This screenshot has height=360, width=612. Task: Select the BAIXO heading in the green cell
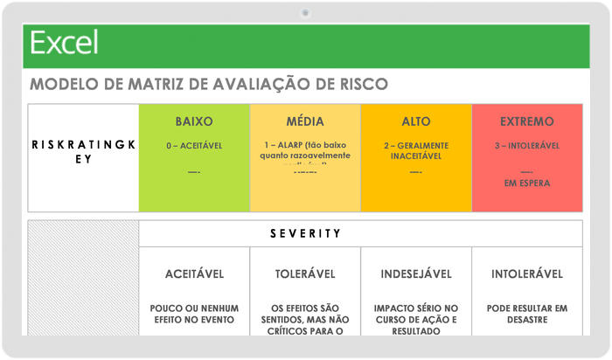click(194, 121)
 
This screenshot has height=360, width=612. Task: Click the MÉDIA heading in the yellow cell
click(305, 121)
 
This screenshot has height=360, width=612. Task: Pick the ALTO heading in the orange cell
click(416, 121)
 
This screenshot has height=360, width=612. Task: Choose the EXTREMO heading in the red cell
click(527, 121)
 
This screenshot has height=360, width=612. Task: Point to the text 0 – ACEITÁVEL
click(194, 145)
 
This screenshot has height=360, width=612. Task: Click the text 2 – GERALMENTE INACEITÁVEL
click(416, 150)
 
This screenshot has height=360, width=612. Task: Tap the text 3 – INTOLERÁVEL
click(527, 145)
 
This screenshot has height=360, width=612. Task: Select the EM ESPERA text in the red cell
click(527, 183)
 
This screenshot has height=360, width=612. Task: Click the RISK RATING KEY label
click(84, 152)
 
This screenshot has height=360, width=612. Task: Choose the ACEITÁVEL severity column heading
click(194, 274)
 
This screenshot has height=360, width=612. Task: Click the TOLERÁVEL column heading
click(305, 274)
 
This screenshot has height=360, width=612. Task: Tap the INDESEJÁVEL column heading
click(416, 274)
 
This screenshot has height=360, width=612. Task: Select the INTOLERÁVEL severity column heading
click(527, 274)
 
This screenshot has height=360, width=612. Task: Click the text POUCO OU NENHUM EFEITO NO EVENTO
click(194, 314)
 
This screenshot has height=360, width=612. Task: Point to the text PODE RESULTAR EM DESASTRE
click(527, 314)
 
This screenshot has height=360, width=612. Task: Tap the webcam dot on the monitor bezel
click(305, 12)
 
